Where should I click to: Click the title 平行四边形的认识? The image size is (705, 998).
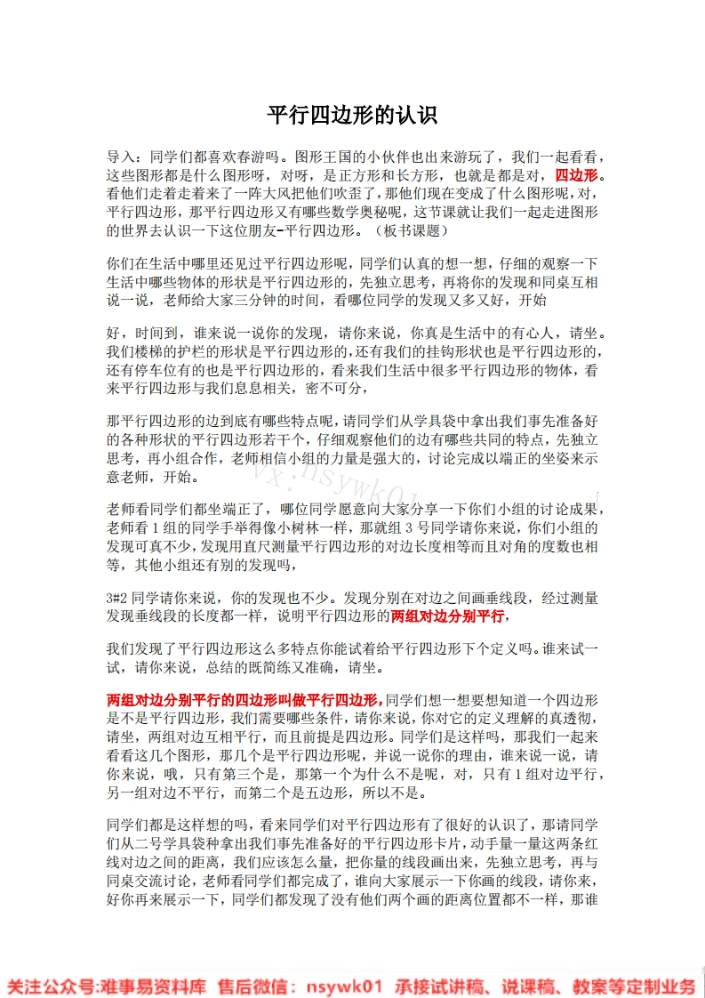click(x=352, y=117)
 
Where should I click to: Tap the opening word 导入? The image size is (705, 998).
click(x=120, y=155)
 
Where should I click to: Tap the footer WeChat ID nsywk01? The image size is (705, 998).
click(x=344, y=986)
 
